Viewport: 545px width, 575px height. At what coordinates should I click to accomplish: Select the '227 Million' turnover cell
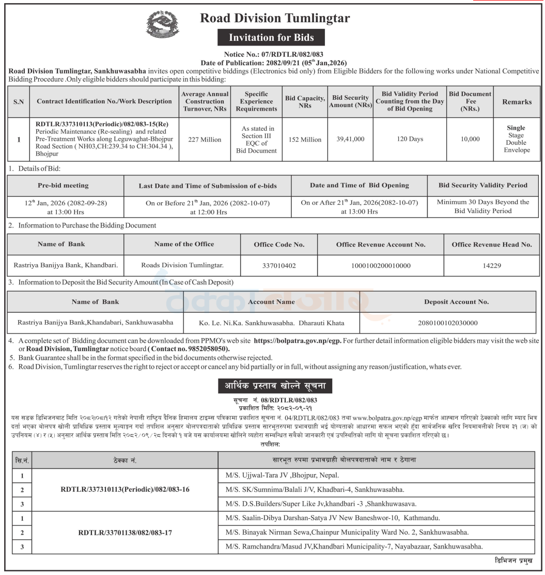205,140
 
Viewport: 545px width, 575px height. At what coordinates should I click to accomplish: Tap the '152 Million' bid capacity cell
305,140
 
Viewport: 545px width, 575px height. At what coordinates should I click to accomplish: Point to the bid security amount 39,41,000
351,140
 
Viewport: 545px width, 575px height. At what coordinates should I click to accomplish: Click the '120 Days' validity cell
409,140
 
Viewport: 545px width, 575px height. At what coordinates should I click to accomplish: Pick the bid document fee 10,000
470,140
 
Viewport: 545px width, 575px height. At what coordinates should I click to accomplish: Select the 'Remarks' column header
516,102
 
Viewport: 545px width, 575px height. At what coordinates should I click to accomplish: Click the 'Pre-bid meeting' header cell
63,186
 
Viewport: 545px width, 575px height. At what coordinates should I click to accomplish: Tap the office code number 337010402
279,266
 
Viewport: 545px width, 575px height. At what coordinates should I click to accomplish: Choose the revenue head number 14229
491,266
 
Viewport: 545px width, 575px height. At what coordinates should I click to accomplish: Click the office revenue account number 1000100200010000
381,266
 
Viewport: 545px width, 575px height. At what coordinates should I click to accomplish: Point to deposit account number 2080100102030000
448,323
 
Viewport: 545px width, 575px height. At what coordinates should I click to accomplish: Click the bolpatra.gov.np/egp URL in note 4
297,341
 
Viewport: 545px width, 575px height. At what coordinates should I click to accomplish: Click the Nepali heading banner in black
271,386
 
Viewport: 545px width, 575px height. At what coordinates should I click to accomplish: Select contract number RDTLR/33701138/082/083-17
125,532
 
